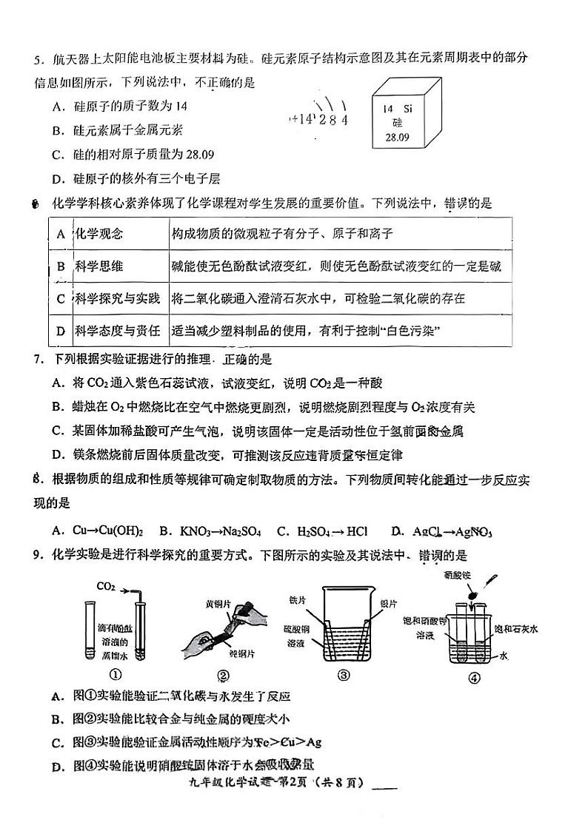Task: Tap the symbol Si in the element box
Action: click(408, 109)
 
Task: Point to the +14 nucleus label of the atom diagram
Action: click(304, 119)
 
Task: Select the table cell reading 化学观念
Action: click(98, 234)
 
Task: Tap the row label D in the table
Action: click(61, 331)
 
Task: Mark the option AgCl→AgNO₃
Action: click(441, 531)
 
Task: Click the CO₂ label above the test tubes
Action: click(106, 587)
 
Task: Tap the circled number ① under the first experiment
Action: click(116, 673)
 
